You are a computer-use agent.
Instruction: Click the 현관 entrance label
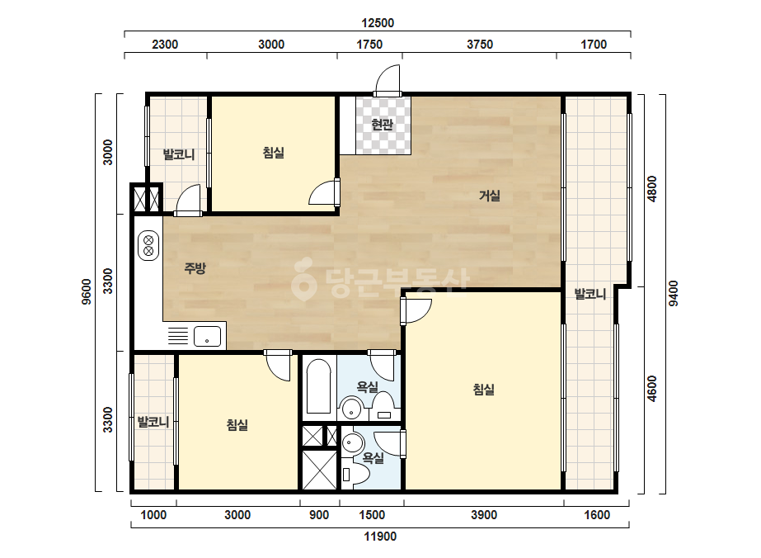click(x=382, y=125)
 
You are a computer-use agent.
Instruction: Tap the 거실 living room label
click(x=489, y=196)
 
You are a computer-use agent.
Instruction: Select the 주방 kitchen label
click(x=195, y=267)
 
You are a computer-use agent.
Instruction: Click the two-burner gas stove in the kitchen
click(x=148, y=245)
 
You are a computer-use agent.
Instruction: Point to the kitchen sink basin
click(x=207, y=336)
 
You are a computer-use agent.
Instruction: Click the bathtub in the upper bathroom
click(x=319, y=386)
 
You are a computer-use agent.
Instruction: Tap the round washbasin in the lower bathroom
click(x=354, y=442)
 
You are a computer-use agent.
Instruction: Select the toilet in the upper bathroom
click(x=384, y=406)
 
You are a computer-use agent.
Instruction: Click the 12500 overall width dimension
click(x=378, y=23)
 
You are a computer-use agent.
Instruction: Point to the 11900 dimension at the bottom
click(x=381, y=537)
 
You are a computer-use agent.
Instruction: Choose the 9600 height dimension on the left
click(x=87, y=291)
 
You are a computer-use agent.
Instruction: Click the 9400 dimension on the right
click(x=674, y=294)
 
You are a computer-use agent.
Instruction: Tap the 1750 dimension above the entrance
click(x=369, y=45)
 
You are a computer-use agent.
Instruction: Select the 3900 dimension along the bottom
click(x=484, y=515)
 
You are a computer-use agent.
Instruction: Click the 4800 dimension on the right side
click(x=652, y=188)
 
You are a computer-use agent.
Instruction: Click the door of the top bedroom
click(x=324, y=192)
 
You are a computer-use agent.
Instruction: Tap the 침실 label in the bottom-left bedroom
click(x=237, y=425)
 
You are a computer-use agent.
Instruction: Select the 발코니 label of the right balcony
click(x=590, y=294)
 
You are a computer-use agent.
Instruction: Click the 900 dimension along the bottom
click(x=319, y=515)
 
